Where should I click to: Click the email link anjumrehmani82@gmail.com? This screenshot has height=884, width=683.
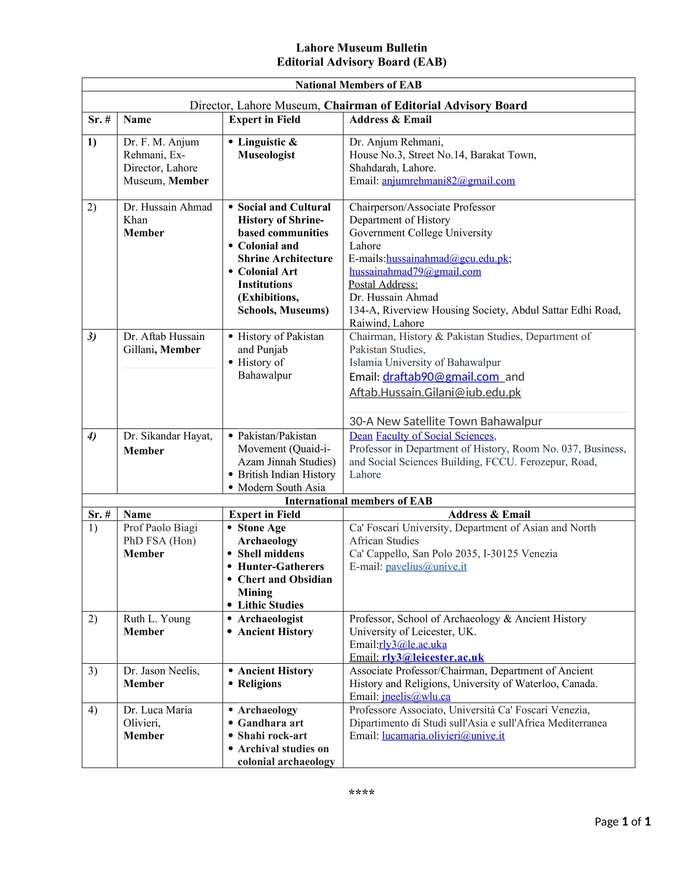click(x=448, y=181)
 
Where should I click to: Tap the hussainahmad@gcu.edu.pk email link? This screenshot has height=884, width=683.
click(x=447, y=259)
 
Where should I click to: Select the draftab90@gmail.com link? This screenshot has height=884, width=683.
click(x=441, y=377)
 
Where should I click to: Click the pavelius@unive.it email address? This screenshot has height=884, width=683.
click(x=425, y=567)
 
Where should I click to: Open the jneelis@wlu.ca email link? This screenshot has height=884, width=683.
click(x=416, y=697)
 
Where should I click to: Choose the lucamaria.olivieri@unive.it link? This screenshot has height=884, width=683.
click(x=443, y=736)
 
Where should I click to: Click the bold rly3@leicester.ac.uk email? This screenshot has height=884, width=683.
click(x=433, y=657)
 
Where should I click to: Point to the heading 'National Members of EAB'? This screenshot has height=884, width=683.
click(x=358, y=85)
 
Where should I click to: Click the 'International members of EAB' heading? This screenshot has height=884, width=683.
click(x=358, y=501)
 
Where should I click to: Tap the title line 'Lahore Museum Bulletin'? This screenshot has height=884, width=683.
click(x=361, y=48)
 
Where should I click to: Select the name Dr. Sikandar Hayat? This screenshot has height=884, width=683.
click(x=168, y=436)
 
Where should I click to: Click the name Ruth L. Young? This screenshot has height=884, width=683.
click(x=157, y=619)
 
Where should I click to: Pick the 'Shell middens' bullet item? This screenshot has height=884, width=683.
click(x=271, y=554)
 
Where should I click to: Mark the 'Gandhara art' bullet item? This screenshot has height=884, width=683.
click(x=270, y=723)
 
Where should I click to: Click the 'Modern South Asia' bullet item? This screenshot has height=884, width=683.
click(x=281, y=488)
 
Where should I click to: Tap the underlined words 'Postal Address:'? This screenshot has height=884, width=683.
click(x=383, y=284)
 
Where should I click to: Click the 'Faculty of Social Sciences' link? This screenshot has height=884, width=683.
click(x=435, y=436)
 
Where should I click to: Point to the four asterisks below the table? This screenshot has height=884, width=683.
click(x=361, y=792)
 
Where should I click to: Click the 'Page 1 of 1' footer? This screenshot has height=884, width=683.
click(x=622, y=821)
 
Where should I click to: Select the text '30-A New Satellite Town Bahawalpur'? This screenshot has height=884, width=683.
click(x=446, y=422)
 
